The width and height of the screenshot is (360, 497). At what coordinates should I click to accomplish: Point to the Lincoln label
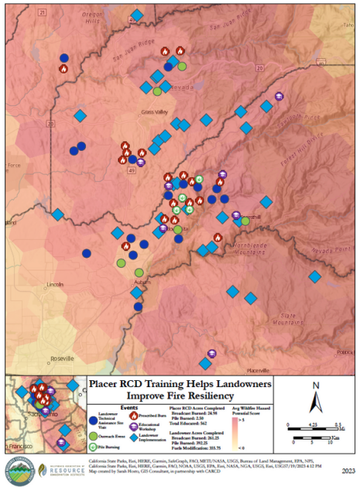(x=54, y=284)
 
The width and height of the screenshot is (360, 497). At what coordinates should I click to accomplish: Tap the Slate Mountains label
(x=288, y=318)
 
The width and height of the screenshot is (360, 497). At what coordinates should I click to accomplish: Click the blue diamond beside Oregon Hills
(x=137, y=15)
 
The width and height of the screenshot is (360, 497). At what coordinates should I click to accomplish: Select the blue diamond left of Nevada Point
(x=315, y=276)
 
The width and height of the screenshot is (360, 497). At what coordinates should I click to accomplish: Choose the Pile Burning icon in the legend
(x=94, y=446)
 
